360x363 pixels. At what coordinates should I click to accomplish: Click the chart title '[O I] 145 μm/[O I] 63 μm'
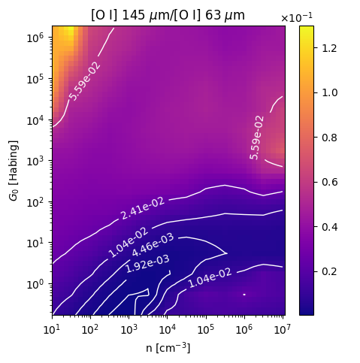click(x=168, y=16)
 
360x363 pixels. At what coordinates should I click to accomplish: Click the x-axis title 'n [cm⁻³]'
click(x=168, y=348)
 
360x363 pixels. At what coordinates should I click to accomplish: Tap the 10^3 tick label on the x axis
click(x=129, y=330)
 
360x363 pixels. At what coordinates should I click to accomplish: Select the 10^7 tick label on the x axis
click(x=283, y=330)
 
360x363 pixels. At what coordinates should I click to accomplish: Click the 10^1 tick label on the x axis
click(x=52, y=330)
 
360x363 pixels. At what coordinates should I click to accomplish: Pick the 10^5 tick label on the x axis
click(x=206, y=330)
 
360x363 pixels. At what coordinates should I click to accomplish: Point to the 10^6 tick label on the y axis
click(x=35, y=38)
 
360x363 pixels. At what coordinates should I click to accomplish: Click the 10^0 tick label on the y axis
click(x=35, y=284)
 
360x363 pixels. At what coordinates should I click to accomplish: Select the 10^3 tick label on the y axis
click(x=35, y=161)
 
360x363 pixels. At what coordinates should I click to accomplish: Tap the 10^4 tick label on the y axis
click(x=35, y=120)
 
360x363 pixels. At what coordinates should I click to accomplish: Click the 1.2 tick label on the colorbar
click(x=329, y=48)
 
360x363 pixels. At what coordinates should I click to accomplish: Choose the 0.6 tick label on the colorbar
click(x=329, y=182)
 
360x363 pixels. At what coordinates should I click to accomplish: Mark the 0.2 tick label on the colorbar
click(x=329, y=271)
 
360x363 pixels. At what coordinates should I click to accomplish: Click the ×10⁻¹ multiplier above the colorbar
click(x=297, y=17)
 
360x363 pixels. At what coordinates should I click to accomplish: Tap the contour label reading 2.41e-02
click(x=143, y=208)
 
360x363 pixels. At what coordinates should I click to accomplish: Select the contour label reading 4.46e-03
click(x=153, y=245)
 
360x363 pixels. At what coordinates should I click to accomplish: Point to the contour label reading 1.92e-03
click(x=147, y=264)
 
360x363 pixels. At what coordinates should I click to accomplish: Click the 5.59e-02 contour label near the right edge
click(x=257, y=138)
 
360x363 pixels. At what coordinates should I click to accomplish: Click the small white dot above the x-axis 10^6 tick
click(x=244, y=295)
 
